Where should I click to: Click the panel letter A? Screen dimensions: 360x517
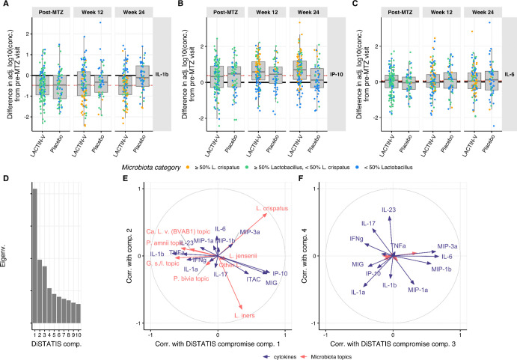coord(5,6)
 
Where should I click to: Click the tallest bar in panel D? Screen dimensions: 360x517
coord(34,254)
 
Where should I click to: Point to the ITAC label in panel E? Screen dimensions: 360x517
coord(253,279)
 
